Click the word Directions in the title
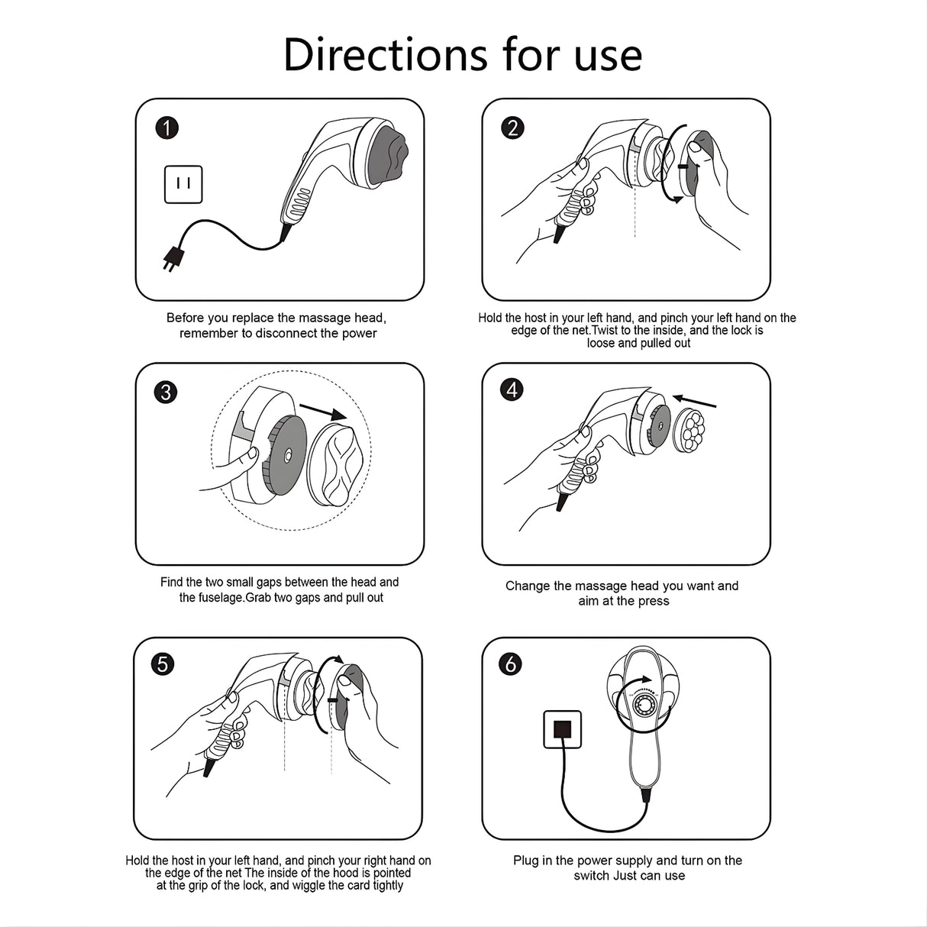(x=386, y=54)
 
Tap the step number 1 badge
(x=167, y=128)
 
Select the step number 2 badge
(x=513, y=128)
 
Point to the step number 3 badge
(x=166, y=392)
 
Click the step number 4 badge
(x=512, y=389)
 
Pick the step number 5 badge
(x=163, y=664)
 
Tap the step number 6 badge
(x=510, y=664)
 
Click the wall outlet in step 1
(x=183, y=185)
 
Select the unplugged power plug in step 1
(x=173, y=260)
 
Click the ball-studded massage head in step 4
(x=689, y=430)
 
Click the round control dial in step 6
(x=643, y=706)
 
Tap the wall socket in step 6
(x=562, y=729)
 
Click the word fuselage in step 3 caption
(x=221, y=597)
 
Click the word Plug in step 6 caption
(x=525, y=861)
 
